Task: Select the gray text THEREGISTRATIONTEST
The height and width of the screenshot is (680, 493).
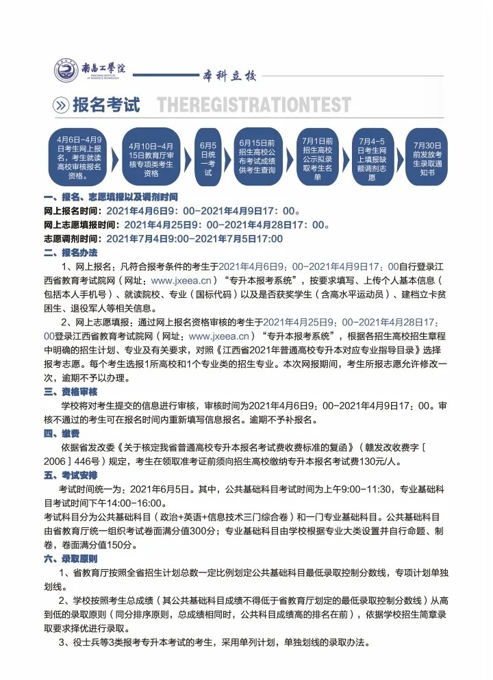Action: pyautogui.click(x=253, y=105)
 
